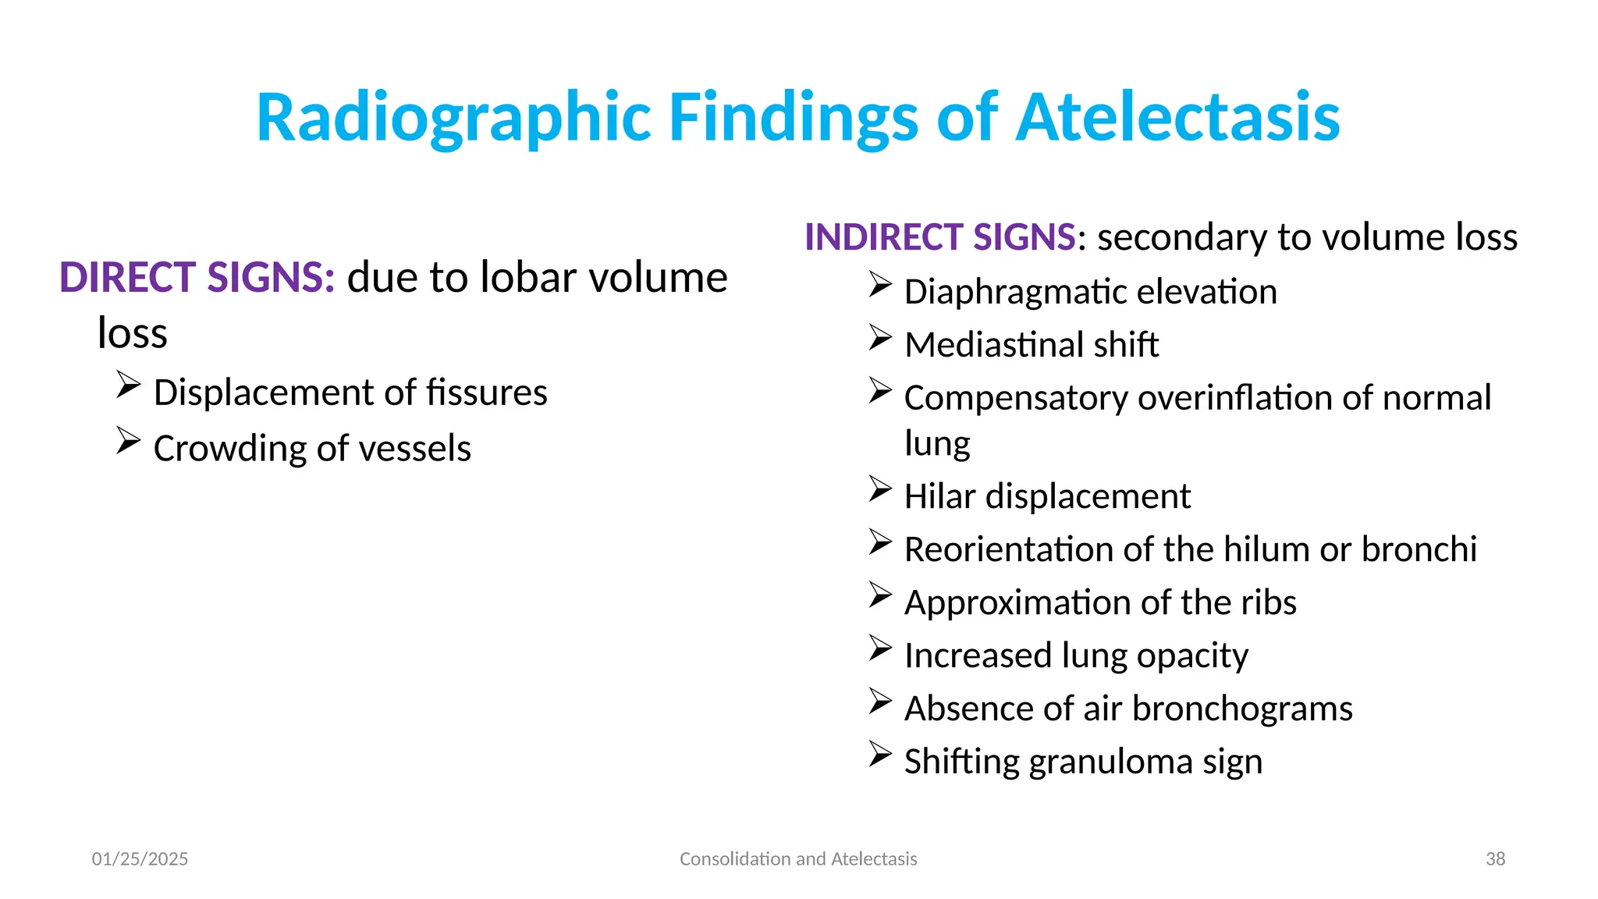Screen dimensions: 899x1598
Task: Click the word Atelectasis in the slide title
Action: (x=1178, y=118)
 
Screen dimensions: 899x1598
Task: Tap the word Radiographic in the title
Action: (x=453, y=118)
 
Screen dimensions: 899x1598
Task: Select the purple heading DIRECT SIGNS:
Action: (x=197, y=278)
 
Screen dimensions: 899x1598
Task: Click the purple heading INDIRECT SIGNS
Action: (x=940, y=237)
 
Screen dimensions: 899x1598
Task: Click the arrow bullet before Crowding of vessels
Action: (x=128, y=441)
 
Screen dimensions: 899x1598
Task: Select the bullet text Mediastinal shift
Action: (x=1032, y=345)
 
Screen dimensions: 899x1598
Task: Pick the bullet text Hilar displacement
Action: (x=1047, y=496)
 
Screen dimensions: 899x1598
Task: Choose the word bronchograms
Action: (x=1242, y=709)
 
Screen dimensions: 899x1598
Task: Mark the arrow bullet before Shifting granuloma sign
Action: (x=880, y=755)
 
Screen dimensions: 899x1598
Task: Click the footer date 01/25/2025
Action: (x=140, y=859)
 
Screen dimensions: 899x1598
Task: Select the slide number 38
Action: (x=1495, y=859)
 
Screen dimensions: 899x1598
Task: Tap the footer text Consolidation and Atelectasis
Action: (x=798, y=859)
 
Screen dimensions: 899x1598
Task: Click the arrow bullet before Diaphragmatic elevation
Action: (x=880, y=285)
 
